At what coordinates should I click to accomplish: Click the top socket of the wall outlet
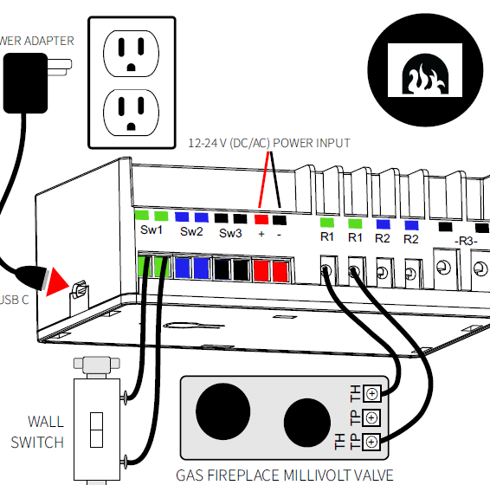132,53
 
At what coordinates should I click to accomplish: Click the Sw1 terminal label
152,231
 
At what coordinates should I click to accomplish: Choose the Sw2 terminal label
191,231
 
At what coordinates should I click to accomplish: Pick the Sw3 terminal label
230,233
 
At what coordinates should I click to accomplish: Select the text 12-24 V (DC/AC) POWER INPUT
269,142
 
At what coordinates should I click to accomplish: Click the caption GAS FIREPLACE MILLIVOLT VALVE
285,475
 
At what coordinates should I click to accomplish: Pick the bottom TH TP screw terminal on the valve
371,442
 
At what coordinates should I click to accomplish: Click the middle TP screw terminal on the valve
371,417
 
